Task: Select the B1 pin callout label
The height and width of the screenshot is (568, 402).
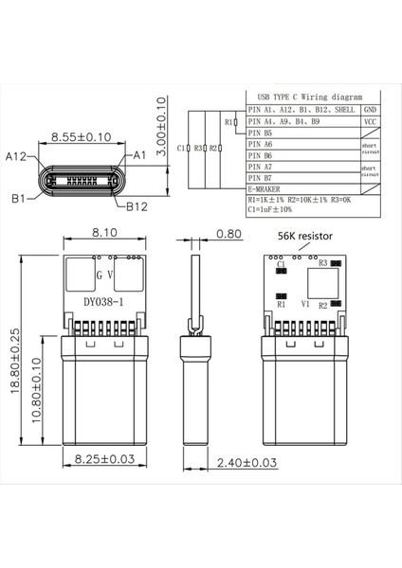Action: (19, 198)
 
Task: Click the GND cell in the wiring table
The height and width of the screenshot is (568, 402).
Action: (369, 110)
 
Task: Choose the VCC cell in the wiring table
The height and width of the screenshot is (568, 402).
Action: (369, 122)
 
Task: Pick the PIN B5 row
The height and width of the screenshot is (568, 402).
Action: (261, 133)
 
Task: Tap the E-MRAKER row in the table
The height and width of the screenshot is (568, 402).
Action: (265, 188)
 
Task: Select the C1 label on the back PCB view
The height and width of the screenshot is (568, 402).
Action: (281, 263)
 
